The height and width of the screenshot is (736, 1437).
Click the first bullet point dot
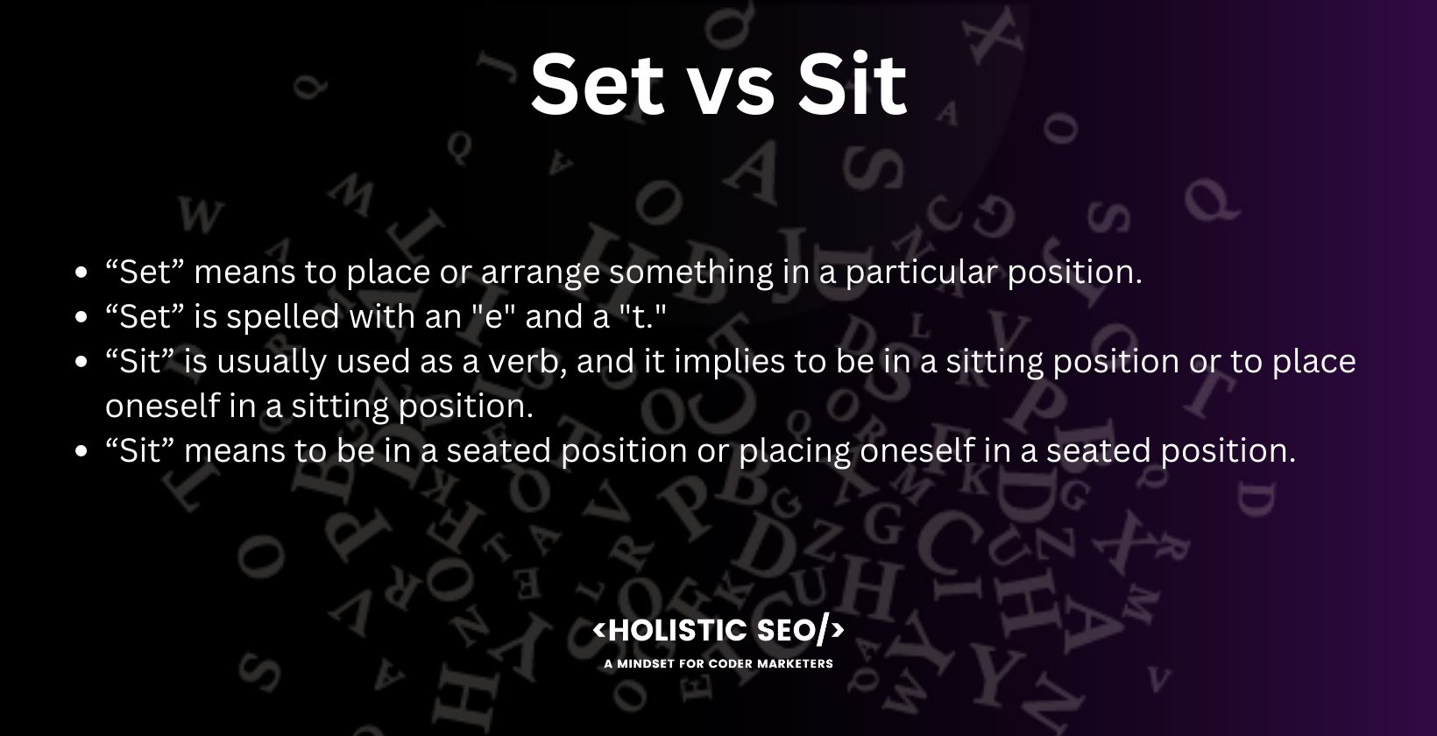(81, 272)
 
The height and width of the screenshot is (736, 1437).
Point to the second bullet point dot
(81, 317)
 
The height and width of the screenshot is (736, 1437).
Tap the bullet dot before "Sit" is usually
(81, 362)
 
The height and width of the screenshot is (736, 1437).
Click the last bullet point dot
(81, 451)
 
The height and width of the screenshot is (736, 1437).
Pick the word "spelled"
(283, 317)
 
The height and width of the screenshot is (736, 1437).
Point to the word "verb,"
(528, 362)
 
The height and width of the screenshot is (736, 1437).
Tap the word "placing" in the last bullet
(795, 452)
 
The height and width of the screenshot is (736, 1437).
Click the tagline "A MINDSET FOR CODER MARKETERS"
(718, 664)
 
